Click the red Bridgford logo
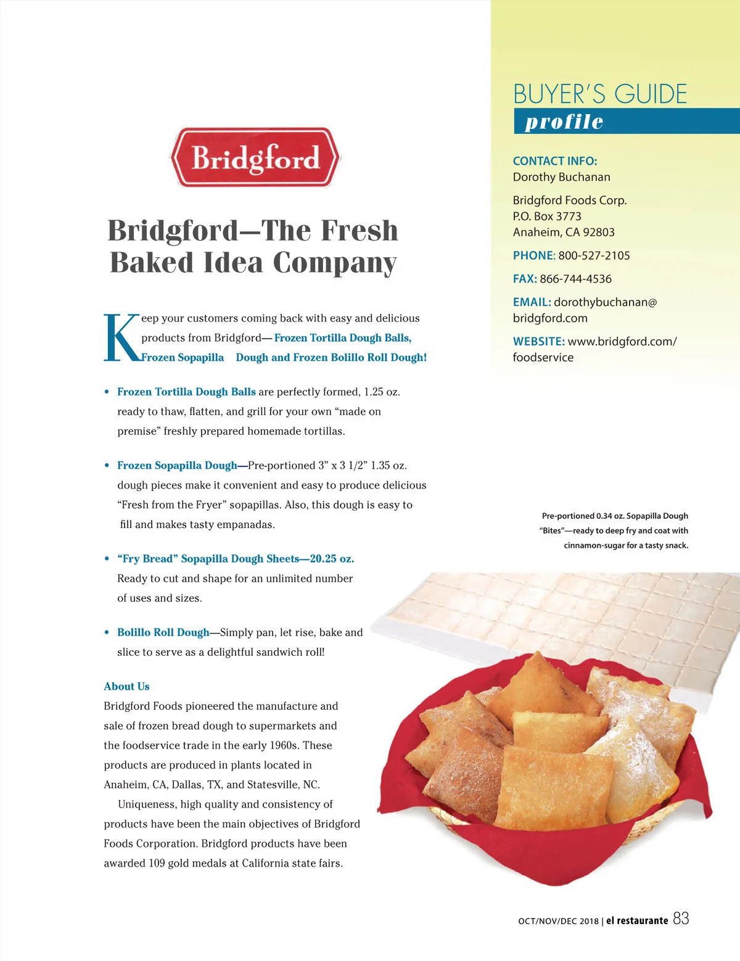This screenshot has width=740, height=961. (255, 157)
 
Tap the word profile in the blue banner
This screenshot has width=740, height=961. (564, 122)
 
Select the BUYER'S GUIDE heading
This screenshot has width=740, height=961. (600, 94)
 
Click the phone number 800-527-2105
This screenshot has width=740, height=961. (594, 255)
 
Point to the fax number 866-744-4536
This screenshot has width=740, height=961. (575, 279)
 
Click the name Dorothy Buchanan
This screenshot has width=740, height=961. (561, 177)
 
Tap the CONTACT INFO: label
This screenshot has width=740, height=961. (555, 161)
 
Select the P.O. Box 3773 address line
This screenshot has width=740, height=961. (547, 216)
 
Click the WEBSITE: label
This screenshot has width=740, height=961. (538, 341)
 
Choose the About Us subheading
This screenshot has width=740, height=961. (126, 687)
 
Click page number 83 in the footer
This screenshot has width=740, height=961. (681, 918)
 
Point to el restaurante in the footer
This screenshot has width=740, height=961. (637, 920)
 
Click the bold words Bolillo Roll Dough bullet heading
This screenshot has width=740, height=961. (163, 632)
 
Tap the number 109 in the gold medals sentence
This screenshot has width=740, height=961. (157, 863)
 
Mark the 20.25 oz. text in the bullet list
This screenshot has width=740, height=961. (332, 559)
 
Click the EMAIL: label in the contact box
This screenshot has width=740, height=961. (532, 302)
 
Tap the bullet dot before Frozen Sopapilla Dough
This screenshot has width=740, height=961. (107, 466)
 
